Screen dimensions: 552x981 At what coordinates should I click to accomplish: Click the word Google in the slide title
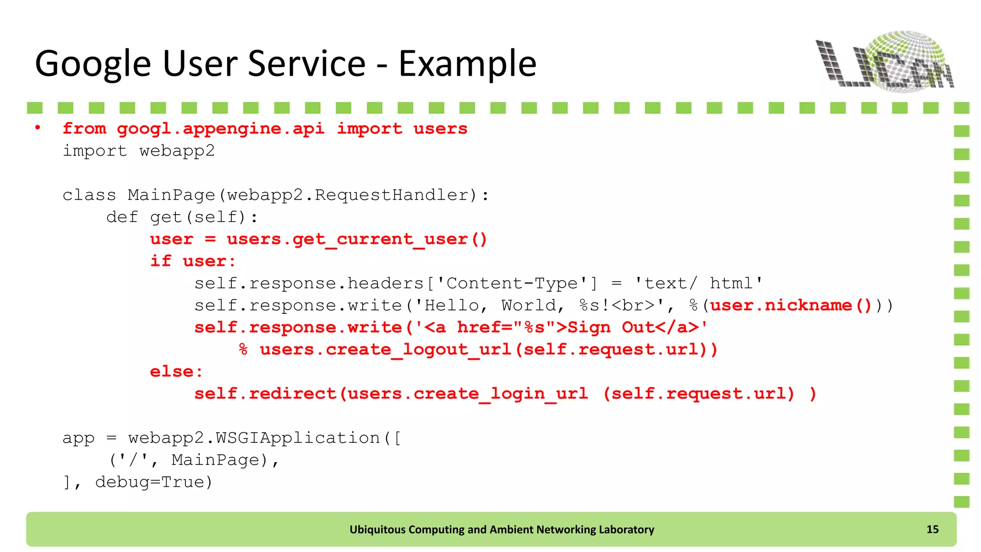point(93,64)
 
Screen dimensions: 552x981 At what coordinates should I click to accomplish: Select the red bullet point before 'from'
point(37,128)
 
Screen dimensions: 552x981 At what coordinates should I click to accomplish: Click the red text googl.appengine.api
point(220,129)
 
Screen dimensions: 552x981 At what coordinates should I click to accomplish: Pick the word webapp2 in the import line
point(177,151)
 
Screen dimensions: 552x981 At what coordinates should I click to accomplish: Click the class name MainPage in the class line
point(171,195)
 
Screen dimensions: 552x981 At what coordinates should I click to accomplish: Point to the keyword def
point(122,217)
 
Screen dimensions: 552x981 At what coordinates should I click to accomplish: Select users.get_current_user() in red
point(357,239)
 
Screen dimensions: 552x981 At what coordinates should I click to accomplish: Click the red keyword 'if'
point(160,261)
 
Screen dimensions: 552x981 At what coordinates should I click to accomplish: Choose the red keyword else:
point(176,371)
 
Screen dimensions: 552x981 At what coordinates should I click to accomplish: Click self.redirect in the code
point(265,393)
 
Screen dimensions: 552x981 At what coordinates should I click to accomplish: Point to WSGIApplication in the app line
point(297,437)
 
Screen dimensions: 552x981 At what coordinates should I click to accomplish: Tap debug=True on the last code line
point(153,482)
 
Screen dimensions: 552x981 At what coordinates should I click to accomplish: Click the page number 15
point(932,529)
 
